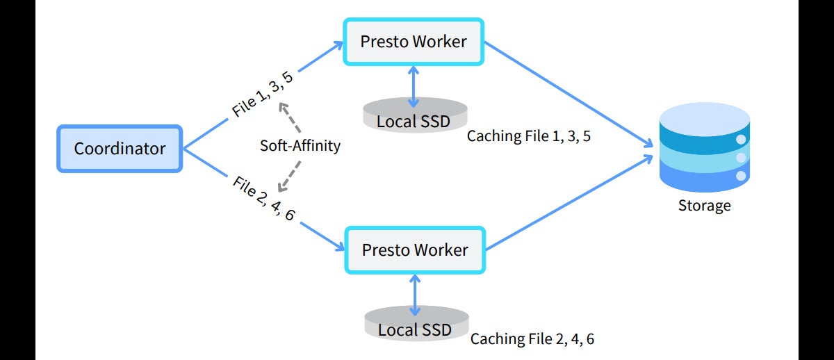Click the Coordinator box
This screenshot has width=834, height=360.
click(x=119, y=148)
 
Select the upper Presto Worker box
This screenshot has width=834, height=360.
click(x=414, y=42)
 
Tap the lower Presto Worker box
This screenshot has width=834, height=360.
click(x=415, y=249)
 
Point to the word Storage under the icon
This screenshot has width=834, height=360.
click(x=704, y=206)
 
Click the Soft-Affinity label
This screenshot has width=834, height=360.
click(x=300, y=146)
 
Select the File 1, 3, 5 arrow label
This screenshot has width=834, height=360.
click(x=262, y=95)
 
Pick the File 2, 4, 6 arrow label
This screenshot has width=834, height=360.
click(x=265, y=199)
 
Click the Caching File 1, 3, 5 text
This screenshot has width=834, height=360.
click(x=528, y=136)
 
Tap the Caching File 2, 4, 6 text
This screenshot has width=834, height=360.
click(x=532, y=339)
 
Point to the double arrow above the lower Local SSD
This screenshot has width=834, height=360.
click(x=415, y=293)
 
